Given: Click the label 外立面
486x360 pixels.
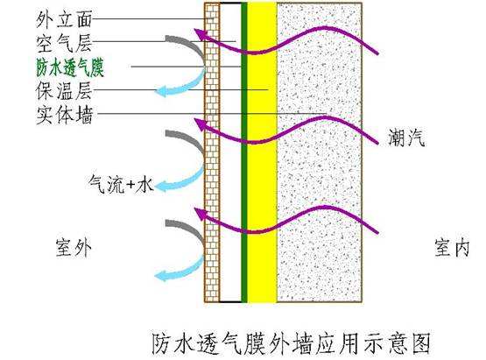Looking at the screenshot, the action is pos(64,19).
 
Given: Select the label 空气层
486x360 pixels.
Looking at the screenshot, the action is pos(64,43).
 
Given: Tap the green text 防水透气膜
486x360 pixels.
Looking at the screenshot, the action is pos(70,67).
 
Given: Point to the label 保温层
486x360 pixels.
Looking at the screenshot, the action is pos(64,90).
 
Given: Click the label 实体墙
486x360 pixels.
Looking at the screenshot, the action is pos(65,115).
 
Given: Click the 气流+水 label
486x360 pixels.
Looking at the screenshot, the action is pos(121,184).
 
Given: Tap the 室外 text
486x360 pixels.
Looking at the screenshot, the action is pos(74,247).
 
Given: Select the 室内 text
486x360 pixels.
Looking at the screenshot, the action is pos(452,247).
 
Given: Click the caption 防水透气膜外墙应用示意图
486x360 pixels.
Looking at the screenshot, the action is pos(292,343).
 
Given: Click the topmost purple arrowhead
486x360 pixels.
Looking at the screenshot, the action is pos(201,34).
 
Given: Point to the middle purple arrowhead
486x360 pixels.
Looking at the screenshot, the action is pos(201,124).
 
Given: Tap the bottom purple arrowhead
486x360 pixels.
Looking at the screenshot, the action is pos(201,214).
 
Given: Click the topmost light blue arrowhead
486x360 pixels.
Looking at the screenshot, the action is pos(161,91).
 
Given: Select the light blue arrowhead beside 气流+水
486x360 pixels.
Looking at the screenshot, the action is pos(161,187).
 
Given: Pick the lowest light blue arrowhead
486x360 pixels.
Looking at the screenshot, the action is pos(161,276).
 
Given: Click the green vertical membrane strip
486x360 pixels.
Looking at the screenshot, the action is pos(244,152).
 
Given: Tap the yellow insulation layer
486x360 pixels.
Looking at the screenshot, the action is pos(262,152).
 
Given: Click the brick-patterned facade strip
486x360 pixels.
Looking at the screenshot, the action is pos(212,152).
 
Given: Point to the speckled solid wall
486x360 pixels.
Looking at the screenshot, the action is pos(320,152).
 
